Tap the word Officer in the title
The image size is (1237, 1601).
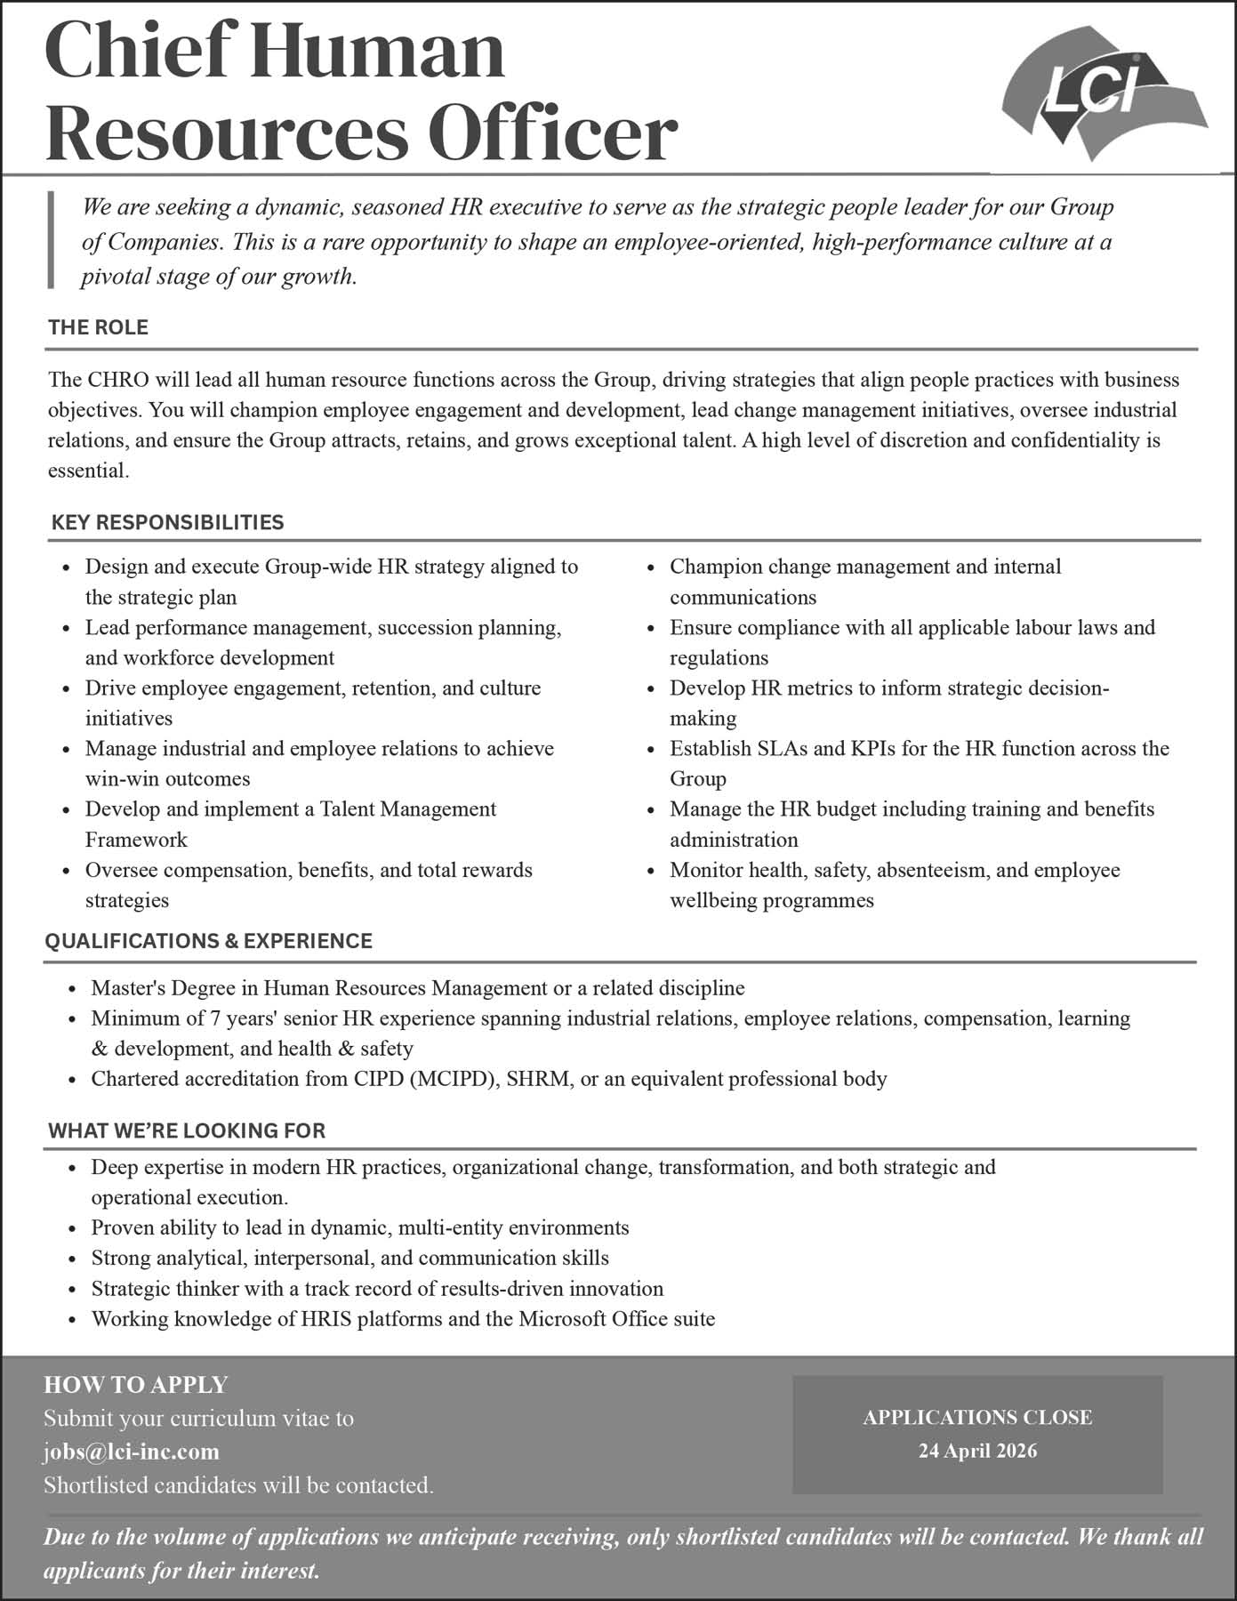point(552,133)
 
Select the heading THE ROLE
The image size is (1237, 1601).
point(98,327)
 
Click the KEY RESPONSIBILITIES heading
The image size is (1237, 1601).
point(167,522)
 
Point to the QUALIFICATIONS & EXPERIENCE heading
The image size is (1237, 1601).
point(208,941)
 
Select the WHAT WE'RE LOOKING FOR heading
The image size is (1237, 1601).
point(187,1130)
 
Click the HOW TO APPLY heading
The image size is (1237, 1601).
point(136,1385)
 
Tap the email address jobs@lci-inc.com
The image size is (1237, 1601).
point(132,1452)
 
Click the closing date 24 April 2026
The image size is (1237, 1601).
point(977,1451)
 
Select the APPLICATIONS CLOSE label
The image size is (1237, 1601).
point(977,1418)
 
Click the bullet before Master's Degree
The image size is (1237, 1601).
point(73,989)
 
